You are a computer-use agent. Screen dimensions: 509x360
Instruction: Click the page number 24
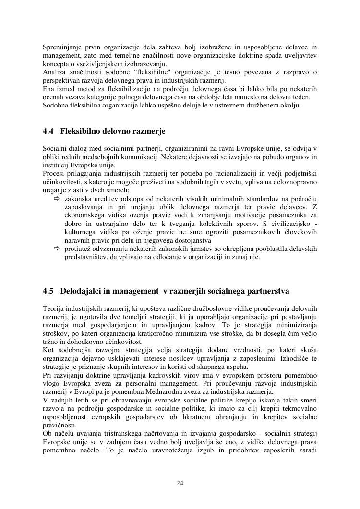coord(180,483)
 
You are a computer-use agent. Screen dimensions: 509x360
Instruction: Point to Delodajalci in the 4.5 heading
coord(80,291)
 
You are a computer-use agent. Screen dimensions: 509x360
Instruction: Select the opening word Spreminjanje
coord(61,47)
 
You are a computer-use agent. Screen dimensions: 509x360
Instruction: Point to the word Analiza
coord(53,72)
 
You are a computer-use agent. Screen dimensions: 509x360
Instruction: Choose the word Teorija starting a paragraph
coord(53,308)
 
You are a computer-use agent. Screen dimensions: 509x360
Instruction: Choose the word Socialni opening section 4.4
coord(55,149)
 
